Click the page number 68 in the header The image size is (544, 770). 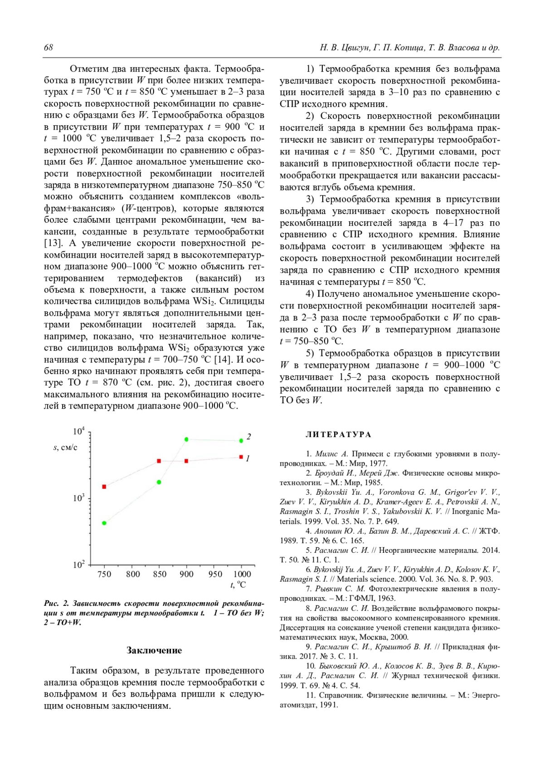pyautogui.click(x=49, y=48)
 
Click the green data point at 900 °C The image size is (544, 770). pyautogui.click(x=186, y=439)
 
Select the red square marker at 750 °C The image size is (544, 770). pyautogui.click(x=104, y=487)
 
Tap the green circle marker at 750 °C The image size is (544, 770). pyautogui.click(x=104, y=523)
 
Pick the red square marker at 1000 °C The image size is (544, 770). pyautogui.click(x=241, y=457)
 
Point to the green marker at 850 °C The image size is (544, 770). pyautogui.click(x=159, y=482)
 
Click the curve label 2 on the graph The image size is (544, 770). pyautogui.click(x=249, y=437)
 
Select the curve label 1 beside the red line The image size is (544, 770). pyautogui.click(x=248, y=458)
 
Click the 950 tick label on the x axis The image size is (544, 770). pyautogui.click(x=215, y=574)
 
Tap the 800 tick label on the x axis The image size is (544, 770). pyautogui.click(x=133, y=574)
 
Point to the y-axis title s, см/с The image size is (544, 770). pyautogui.click(x=65, y=448)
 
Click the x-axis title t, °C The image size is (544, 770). pyautogui.click(x=238, y=585)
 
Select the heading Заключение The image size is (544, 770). pyautogui.click(x=154, y=650)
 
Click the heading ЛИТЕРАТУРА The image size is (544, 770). pyautogui.click(x=338, y=434)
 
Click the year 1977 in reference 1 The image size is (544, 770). pyautogui.click(x=379, y=463)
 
